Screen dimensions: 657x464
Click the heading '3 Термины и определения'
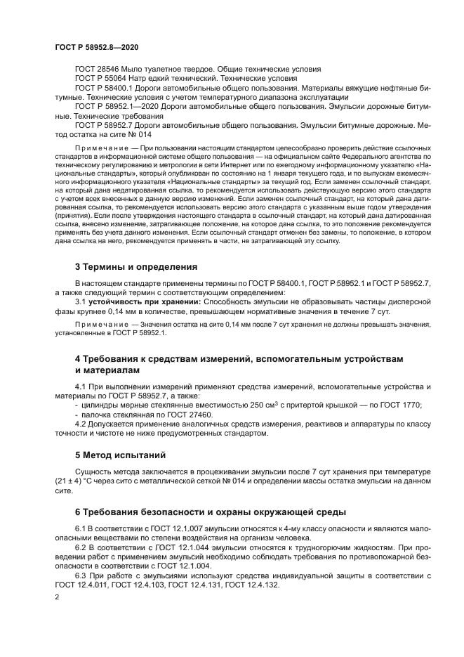tap(131, 266)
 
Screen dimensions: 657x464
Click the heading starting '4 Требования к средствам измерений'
tap(239, 360)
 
